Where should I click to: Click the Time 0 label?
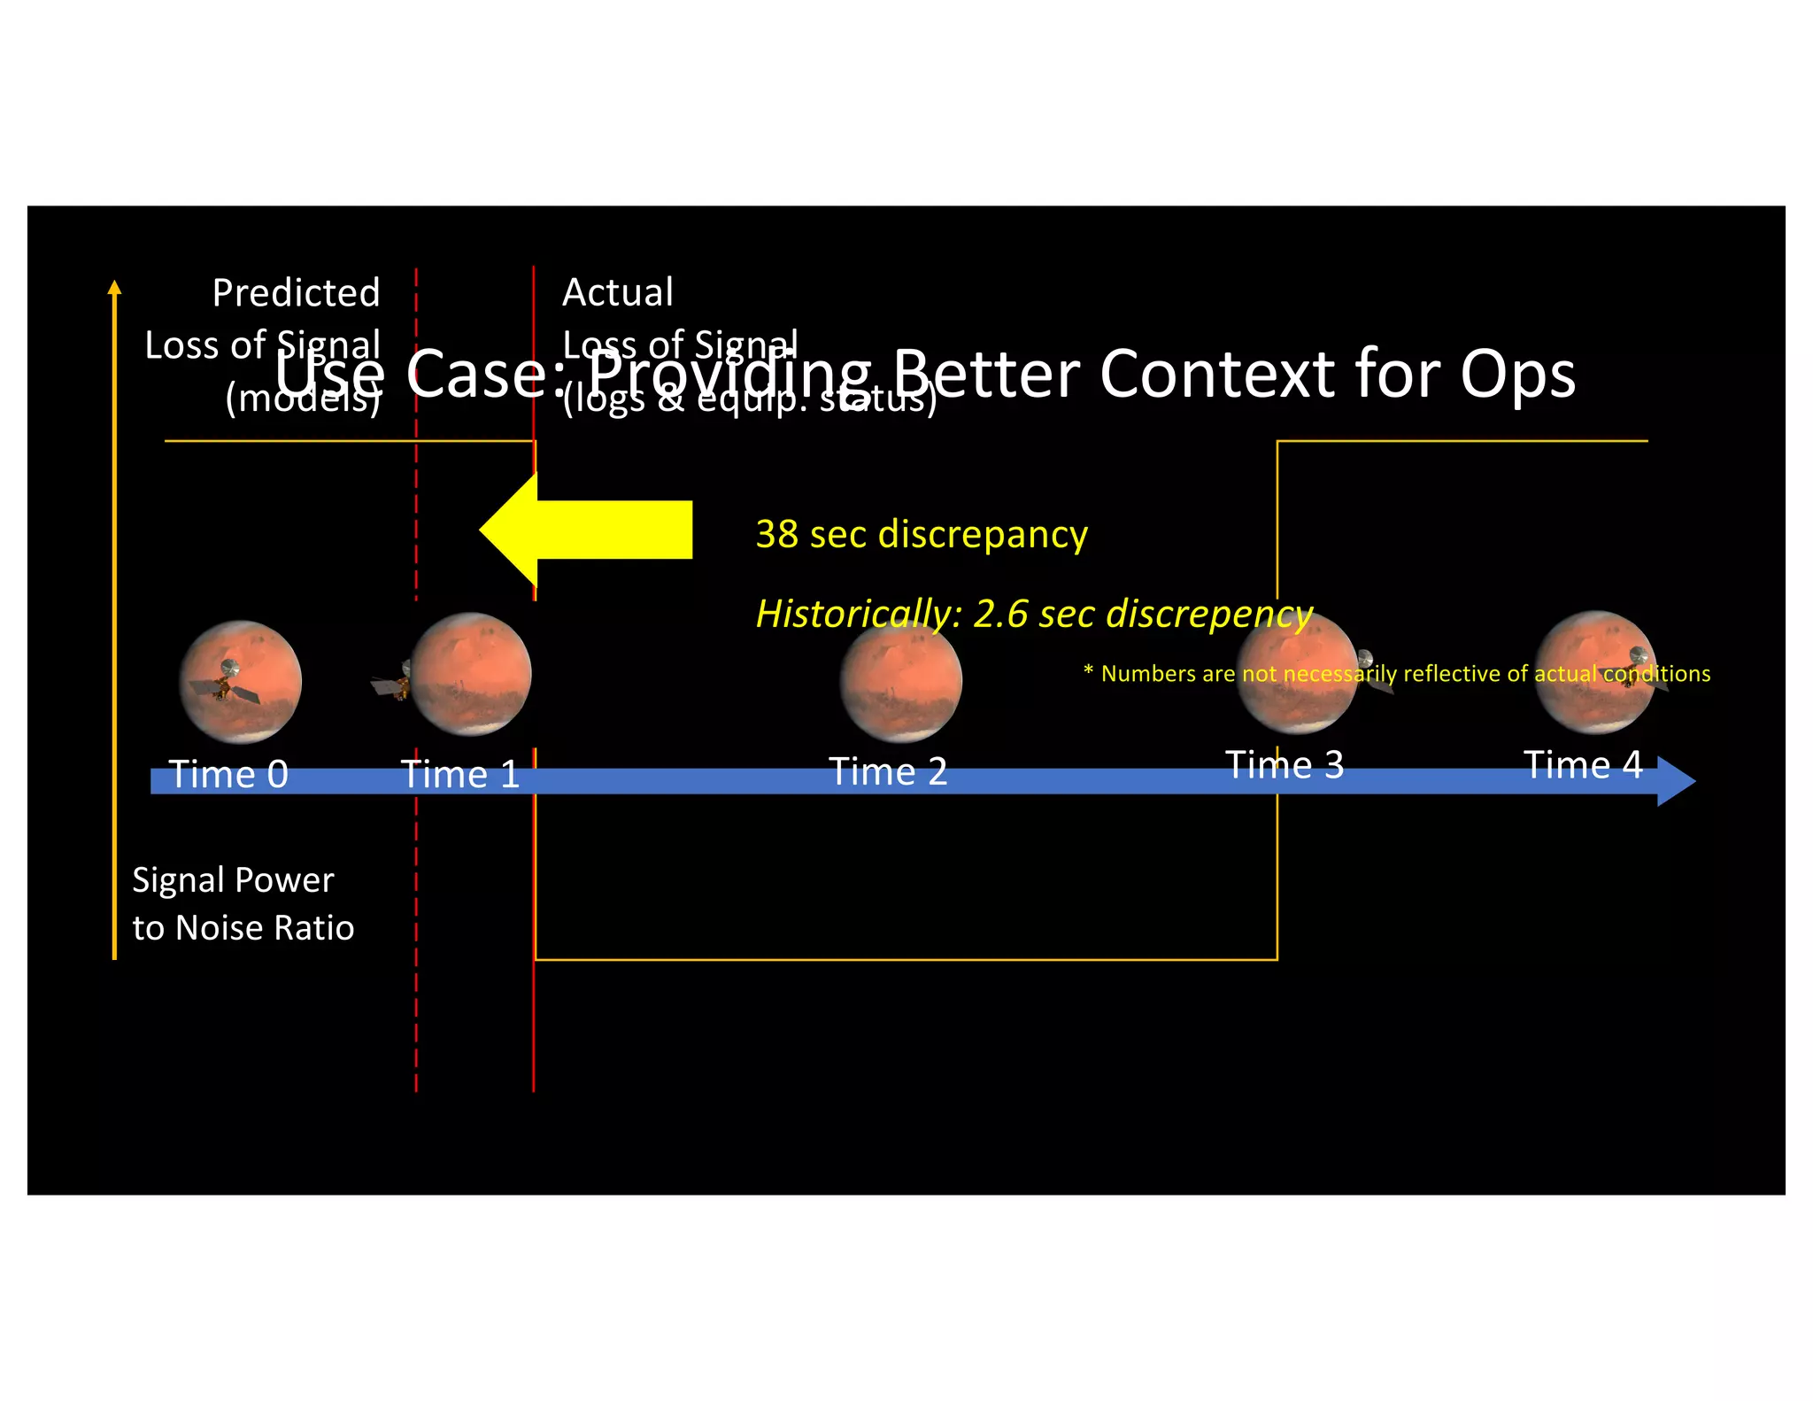pyautogui.click(x=228, y=775)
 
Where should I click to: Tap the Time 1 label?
pyautogui.click(x=460, y=775)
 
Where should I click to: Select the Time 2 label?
pyautogui.click(x=888, y=772)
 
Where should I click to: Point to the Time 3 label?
pyautogui.click(x=1285, y=765)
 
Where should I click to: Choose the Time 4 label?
pyautogui.click(x=1583, y=765)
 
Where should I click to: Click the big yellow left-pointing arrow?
pyautogui.click(x=586, y=530)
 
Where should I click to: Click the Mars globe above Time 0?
pyautogui.click(x=241, y=682)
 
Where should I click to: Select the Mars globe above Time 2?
pyautogui.click(x=900, y=681)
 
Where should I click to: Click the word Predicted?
pyautogui.click(x=296, y=293)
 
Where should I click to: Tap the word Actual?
pyautogui.click(x=618, y=293)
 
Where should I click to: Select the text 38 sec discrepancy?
pyautogui.click(x=922, y=535)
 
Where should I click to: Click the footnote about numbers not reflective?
pyautogui.click(x=1397, y=674)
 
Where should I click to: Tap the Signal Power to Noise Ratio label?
pyautogui.click(x=243, y=904)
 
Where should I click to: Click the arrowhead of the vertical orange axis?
pyautogui.click(x=114, y=287)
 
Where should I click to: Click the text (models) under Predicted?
pyautogui.click(x=303, y=399)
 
